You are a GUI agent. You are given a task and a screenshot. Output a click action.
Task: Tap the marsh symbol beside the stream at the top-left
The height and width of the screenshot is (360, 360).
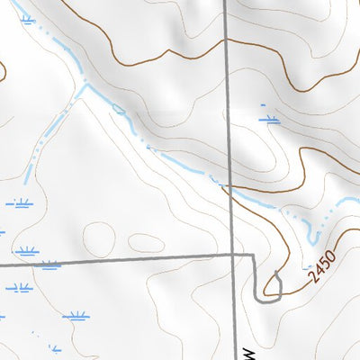[27, 18]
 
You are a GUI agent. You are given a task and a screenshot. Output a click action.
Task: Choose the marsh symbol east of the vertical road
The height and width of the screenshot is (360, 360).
[268, 118]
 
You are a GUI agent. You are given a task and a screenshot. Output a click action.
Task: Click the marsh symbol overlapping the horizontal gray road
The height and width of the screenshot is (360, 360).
[49, 265]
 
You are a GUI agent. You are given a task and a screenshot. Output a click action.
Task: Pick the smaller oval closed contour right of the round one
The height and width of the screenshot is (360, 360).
[144, 243]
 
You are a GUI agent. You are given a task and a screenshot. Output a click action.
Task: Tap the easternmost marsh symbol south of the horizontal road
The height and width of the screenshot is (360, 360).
[76, 316]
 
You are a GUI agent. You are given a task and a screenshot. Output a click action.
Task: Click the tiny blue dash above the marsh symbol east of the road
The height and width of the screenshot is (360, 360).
[265, 105]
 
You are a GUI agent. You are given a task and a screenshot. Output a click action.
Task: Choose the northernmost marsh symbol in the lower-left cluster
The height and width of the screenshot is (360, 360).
[20, 203]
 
